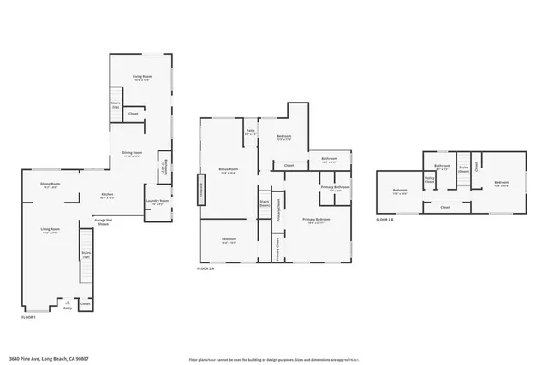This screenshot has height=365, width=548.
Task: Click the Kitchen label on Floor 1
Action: coord(107,196)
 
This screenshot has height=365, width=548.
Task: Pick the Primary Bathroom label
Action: coord(335,188)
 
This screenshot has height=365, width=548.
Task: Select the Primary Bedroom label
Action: coord(316,220)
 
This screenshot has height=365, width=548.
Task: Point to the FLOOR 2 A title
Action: coord(205,268)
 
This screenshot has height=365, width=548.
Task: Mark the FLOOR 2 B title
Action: coord(384,220)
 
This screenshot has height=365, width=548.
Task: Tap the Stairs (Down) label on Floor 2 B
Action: coord(462,168)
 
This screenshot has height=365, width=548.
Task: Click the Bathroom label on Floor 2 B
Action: coord(442,166)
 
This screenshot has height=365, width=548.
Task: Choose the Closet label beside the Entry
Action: coord(85,303)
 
